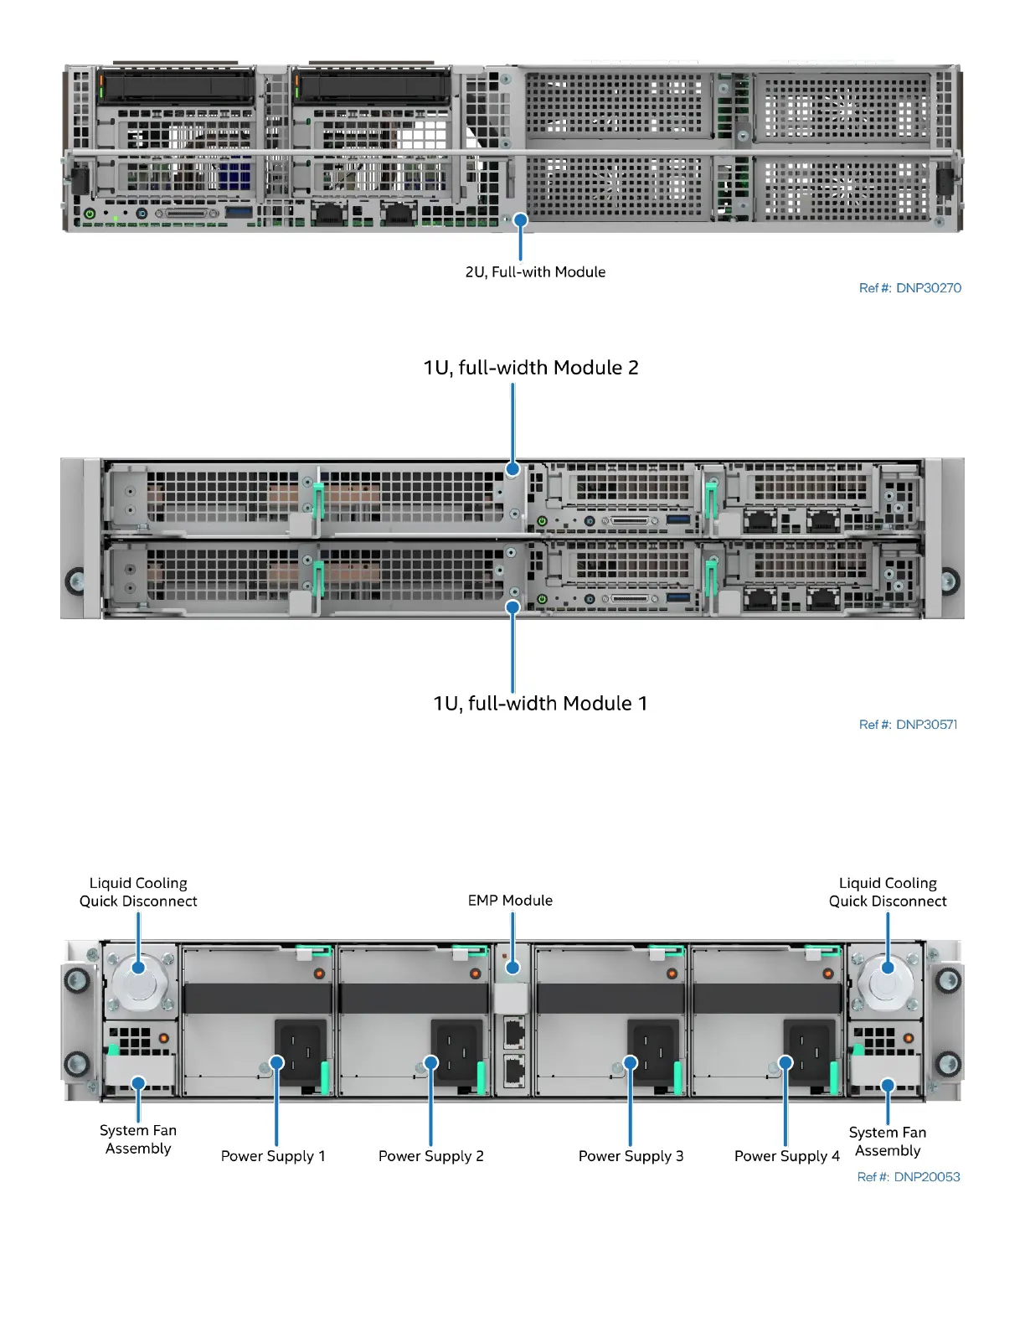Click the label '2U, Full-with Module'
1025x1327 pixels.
pyautogui.click(x=535, y=272)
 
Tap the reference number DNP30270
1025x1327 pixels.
pyautogui.click(x=909, y=288)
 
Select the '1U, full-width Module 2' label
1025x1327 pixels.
pyautogui.click(x=531, y=368)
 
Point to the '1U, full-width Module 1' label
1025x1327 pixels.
pyautogui.click(x=540, y=704)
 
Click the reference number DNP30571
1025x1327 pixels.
pyautogui.click(x=908, y=725)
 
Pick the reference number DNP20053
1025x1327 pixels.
pyautogui.click(x=908, y=1177)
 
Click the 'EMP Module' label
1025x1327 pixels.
pyautogui.click(x=510, y=901)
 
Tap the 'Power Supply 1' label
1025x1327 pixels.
pyautogui.click(x=273, y=1156)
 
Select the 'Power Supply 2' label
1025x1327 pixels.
pyautogui.click(x=430, y=1156)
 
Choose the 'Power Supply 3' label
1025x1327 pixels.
pyautogui.click(x=631, y=1156)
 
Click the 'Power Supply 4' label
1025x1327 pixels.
pyautogui.click(x=786, y=1156)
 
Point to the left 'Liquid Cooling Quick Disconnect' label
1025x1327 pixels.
pyautogui.click(x=138, y=892)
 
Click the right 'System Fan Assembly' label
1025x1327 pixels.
pyautogui.click(x=888, y=1142)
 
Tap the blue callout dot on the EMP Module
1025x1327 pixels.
pyautogui.click(x=513, y=968)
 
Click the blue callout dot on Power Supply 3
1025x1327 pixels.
pyautogui.click(x=631, y=1063)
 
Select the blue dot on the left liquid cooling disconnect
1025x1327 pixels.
pyautogui.click(x=139, y=968)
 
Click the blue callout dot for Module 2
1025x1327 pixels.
pyautogui.click(x=513, y=469)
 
